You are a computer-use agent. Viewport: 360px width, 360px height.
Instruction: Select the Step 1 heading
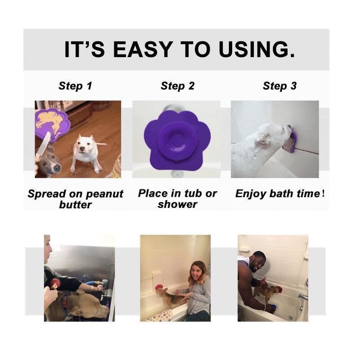75,86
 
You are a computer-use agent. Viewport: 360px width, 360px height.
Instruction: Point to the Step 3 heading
279,86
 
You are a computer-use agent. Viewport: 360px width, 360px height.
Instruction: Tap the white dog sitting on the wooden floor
85,151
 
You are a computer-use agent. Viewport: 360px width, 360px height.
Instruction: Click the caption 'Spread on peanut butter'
75,199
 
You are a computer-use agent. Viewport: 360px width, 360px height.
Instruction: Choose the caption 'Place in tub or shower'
177,198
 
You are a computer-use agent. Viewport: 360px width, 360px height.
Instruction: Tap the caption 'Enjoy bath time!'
279,194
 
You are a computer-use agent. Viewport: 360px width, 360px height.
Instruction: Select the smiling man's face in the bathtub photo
258,261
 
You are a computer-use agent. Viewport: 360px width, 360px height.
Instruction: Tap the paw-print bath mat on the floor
158,315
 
